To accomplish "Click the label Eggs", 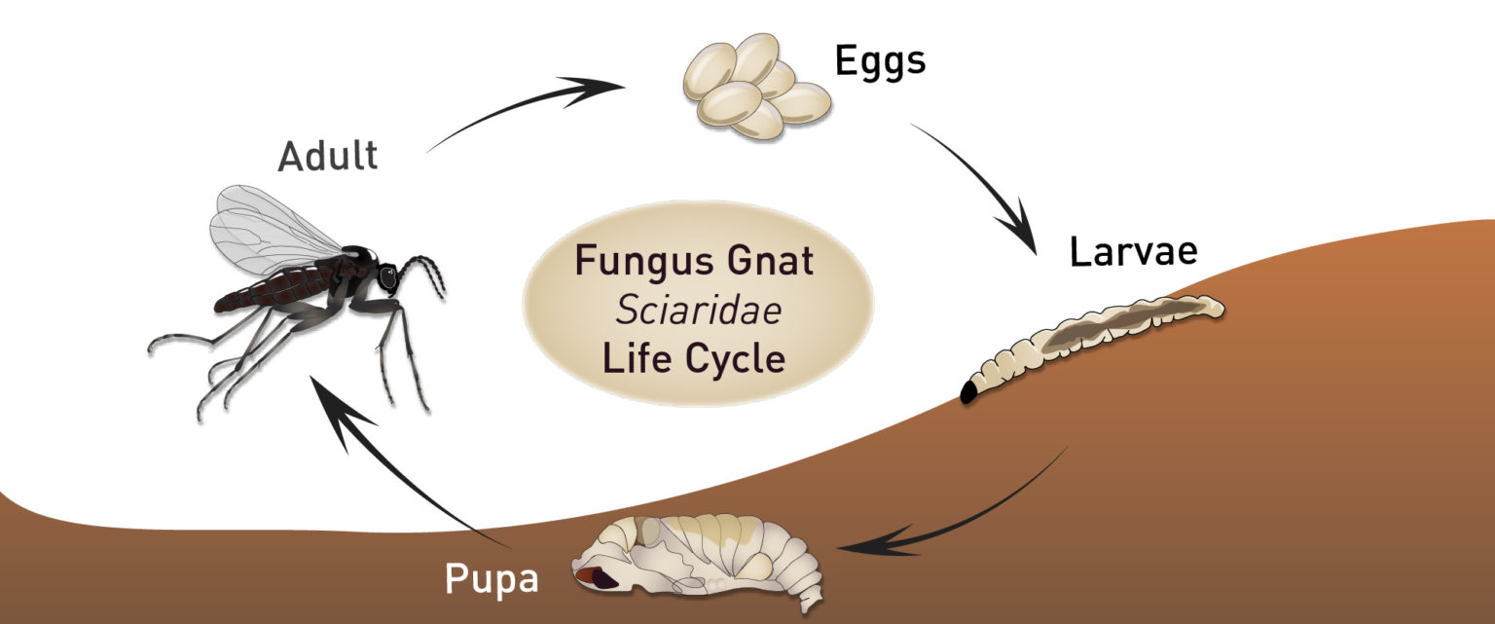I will (x=880, y=62).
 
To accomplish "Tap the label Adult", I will (x=327, y=156).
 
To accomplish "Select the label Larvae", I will (x=1133, y=252).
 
